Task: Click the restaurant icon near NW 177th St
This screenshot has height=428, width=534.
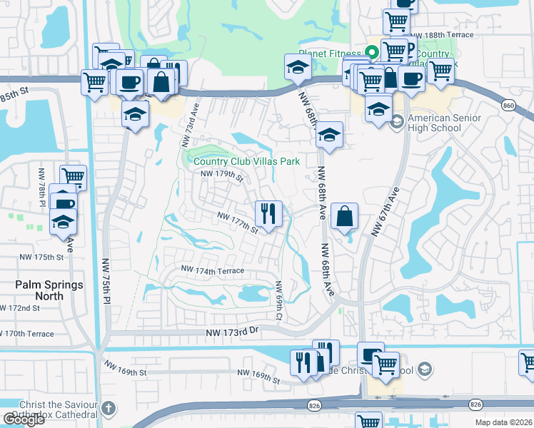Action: pyautogui.click(x=269, y=213)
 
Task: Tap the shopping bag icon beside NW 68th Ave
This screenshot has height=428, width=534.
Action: pyautogui.click(x=344, y=216)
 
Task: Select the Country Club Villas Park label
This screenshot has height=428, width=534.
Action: pyautogui.click(x=247, y=161)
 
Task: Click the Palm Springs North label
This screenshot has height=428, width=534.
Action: pyautogui.click(x=49, y=290)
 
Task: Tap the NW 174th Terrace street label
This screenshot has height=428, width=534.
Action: pyautogui.click(x=213, y=270)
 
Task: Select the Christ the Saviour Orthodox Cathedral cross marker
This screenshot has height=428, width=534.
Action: pyautogui.click(x=108, y=409)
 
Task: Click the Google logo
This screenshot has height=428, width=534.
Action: pyautogui.click(x=24, y=419)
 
